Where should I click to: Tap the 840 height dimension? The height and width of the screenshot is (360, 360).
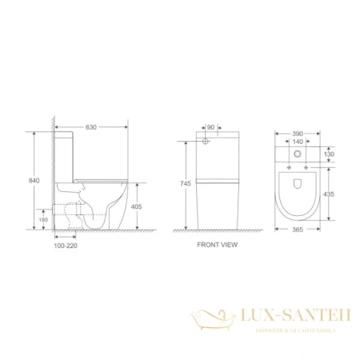click(x=33, y=182)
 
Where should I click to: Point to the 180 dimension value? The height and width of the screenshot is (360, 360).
click(x=45, y=220)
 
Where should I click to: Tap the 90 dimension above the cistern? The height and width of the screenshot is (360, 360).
click(x=210, y=126)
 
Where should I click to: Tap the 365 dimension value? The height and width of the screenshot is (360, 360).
click(x=299, y=230)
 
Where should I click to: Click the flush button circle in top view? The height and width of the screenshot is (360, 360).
click(x=299, y=154)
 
